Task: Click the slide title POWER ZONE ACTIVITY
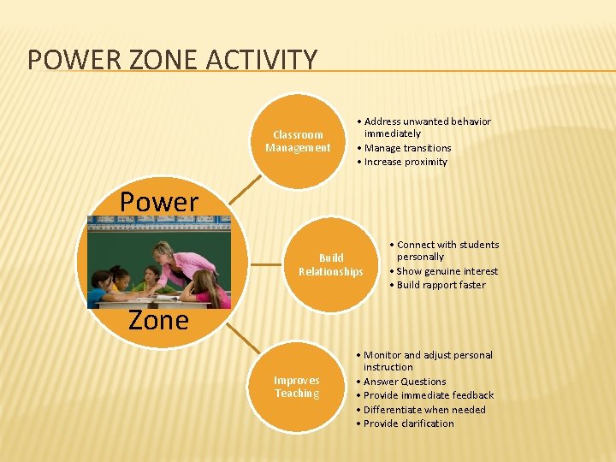[x=172, y=60]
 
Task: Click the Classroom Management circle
[x=298, y=141]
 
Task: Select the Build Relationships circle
[x=330, y=264]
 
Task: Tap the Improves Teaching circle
[x=297, y=387]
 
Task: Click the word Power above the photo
[x=158, y=202]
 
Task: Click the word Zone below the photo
[x=158, y=320]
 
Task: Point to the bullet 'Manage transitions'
[x=407, y=148]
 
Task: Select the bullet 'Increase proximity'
[x=406, y=162]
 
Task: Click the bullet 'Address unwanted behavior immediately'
[x=427, y=127]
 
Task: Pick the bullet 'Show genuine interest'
[x=447, y=271]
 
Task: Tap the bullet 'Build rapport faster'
[x=441, y=285]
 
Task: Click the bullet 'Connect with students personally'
[x=447, y=250]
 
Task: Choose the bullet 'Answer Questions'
[x=405, y=382]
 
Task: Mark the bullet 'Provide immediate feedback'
[x=429, y=395]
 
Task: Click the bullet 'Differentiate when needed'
[x=424, y=410]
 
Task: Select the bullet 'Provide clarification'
[x=408, y=423]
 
